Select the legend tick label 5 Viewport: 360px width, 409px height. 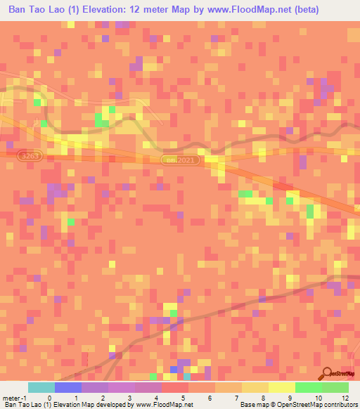(183, 397)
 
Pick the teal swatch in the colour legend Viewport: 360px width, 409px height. (41, 387)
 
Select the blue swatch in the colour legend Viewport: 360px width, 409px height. (68, 387)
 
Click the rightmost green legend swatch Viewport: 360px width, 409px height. (335, 387)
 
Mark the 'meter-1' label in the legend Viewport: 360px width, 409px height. (14, 397)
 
